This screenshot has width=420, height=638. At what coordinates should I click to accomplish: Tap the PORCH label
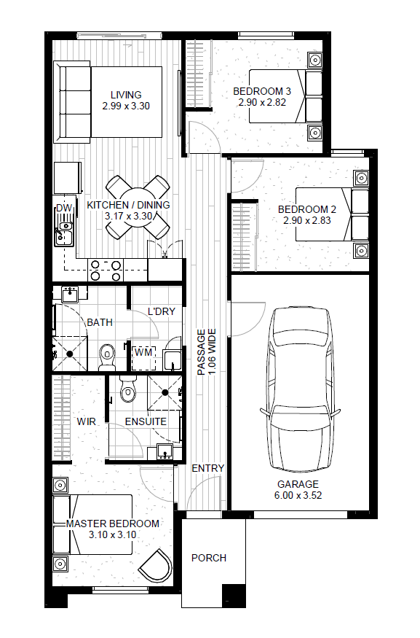209,558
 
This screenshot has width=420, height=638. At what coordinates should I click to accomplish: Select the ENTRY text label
208,468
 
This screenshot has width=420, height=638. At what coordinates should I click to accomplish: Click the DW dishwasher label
64,208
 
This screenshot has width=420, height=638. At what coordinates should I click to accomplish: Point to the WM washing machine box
143,358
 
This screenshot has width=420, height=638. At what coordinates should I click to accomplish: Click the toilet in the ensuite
128,389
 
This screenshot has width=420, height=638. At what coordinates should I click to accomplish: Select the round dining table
138,208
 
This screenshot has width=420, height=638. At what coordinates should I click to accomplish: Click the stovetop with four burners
106,271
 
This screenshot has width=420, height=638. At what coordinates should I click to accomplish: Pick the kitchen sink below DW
64,234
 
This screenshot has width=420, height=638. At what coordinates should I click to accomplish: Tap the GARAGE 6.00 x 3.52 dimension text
298,489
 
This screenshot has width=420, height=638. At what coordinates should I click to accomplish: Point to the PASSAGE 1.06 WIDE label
207,352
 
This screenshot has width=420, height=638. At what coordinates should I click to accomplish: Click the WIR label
86,421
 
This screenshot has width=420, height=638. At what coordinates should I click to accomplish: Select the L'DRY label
162,311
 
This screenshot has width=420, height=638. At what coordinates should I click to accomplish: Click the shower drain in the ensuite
165,392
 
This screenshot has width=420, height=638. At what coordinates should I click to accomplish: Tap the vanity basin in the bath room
70,294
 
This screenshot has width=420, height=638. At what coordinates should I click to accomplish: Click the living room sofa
72,102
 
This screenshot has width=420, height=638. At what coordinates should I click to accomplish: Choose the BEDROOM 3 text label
262,91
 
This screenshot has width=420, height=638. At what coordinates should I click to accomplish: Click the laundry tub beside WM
173,359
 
